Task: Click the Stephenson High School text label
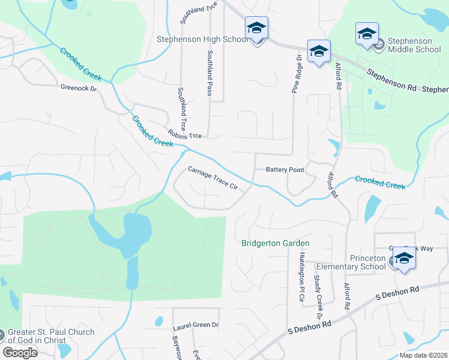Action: (202, 39)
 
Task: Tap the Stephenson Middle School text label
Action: (414, 45)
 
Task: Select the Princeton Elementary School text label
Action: (359, 262)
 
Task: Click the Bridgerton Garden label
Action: (275, 243)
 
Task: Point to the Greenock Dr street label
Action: (78, 88)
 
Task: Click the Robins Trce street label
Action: (185, 135)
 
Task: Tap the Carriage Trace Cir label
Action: (212, 179)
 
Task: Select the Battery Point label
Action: (285, 170)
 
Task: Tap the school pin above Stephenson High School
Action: (256, 28)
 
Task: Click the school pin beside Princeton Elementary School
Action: (405, 259)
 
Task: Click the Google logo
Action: (20, 352)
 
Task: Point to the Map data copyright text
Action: (423, 355)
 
